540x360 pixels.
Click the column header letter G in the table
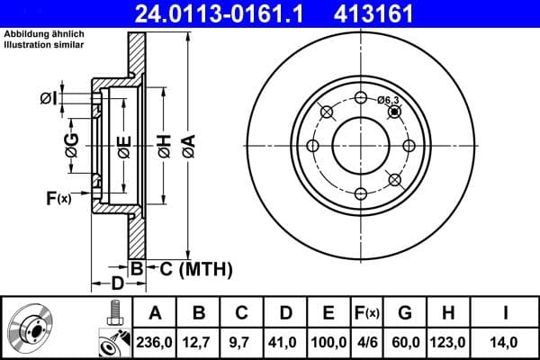click(405, 313)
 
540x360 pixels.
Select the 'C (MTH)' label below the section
click(191, 268)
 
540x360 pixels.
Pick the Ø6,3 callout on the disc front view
click(389, 101)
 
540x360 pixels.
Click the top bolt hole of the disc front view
click(360, 99)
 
